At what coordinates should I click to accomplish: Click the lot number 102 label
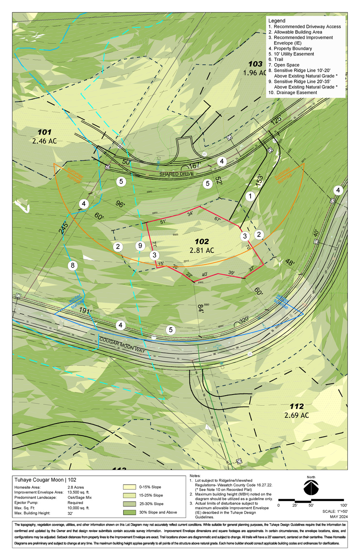(202, 241)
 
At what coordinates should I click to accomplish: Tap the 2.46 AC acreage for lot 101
(44, 141)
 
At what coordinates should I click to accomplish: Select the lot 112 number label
(297, 406)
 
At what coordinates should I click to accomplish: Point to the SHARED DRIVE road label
(176, 174)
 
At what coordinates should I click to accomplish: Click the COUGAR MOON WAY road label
(122, 345)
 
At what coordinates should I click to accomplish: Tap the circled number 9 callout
(140, 246)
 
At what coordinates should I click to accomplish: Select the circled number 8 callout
(73, 266)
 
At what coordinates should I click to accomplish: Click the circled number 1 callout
(250, 197)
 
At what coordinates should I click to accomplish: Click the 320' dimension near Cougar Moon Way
(244, 320)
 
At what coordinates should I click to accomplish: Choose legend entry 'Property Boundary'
(292, 49)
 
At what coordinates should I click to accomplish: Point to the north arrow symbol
(311, 488)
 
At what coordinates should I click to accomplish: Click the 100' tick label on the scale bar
(343, 505)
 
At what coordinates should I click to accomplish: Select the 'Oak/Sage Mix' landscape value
(80, 497)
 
